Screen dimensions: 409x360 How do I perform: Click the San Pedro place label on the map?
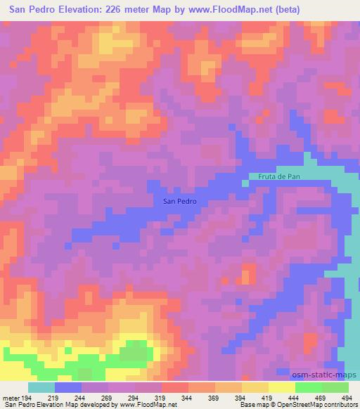(180, 201)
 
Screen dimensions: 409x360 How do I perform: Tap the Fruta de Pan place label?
(279, 176)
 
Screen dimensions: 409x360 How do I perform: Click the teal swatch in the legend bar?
(41, 387)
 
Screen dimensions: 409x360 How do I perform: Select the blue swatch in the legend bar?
(68, 387)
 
